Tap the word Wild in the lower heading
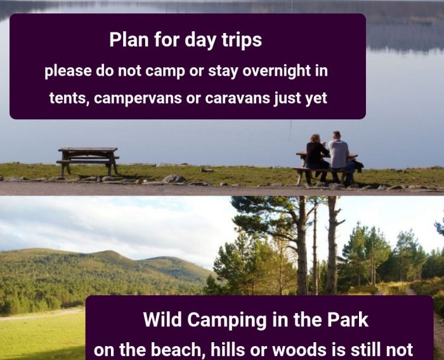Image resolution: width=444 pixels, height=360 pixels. coord(162,319)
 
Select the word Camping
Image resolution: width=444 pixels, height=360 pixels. coord(227,320)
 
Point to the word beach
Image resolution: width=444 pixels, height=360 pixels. coord(177,350)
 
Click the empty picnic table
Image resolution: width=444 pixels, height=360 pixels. coord(88,161)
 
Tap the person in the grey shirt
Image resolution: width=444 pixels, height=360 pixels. coord(341,157)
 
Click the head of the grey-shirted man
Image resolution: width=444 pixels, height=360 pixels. coord(336,136)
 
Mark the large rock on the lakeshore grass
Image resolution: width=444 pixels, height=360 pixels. coord(174,178)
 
